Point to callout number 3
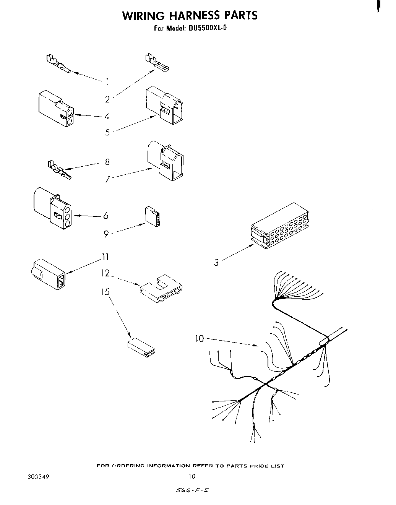click(x=216, y=262)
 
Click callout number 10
click(x=200, y=338)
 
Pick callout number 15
click(x=105, y=292)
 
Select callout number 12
click(x=105, y=273)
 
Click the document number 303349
click(x=38, y=477)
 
